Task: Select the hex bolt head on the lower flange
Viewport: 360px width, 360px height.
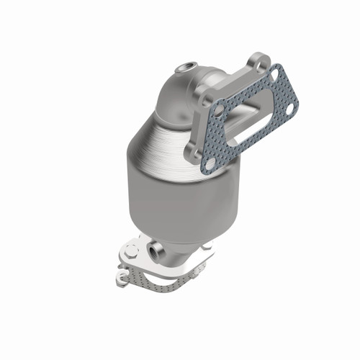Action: (130, 251)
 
